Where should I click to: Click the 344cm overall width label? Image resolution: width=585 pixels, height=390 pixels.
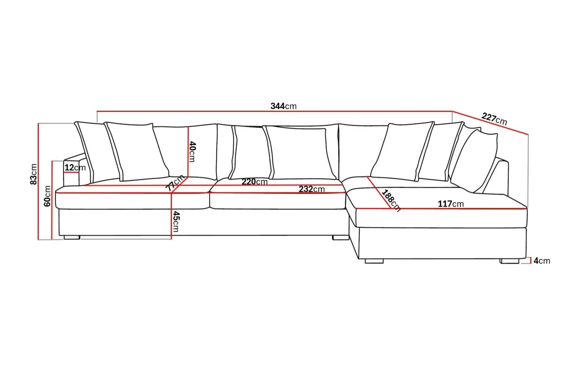point(283,106)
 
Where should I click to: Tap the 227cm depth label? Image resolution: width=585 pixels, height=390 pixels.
point(494,119)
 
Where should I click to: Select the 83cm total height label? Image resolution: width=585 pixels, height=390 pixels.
point(33,174)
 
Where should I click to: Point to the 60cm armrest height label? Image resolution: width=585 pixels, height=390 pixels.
point(47,196)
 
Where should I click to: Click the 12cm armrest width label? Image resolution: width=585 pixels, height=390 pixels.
point(75,168)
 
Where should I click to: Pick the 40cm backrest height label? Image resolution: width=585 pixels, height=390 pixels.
point(192,152)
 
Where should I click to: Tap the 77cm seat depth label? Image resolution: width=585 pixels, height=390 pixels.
point(175,183)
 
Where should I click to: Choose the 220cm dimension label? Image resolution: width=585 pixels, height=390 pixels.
point(254,181)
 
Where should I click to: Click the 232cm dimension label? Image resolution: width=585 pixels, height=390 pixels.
point(311,189)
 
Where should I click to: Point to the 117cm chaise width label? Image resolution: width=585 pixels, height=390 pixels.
point(451,204)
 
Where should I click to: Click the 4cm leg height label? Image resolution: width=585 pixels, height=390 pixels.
point(542,261)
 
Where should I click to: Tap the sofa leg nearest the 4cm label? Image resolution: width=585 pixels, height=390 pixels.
point(510,261)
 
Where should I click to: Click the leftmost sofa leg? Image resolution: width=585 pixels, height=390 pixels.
point(72,237)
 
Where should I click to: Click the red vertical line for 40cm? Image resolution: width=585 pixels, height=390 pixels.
point(188,152)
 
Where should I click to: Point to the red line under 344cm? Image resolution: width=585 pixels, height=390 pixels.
point(275,111)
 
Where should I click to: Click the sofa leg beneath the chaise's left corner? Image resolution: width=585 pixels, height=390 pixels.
point(374,261)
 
